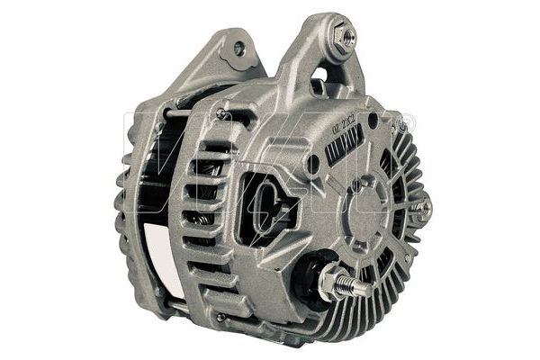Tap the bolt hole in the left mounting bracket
pos(239,49)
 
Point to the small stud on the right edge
pos(421,209)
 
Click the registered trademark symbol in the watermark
pos(407,118)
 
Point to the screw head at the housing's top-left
pos(220,114)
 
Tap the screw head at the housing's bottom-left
pos(221,316)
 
